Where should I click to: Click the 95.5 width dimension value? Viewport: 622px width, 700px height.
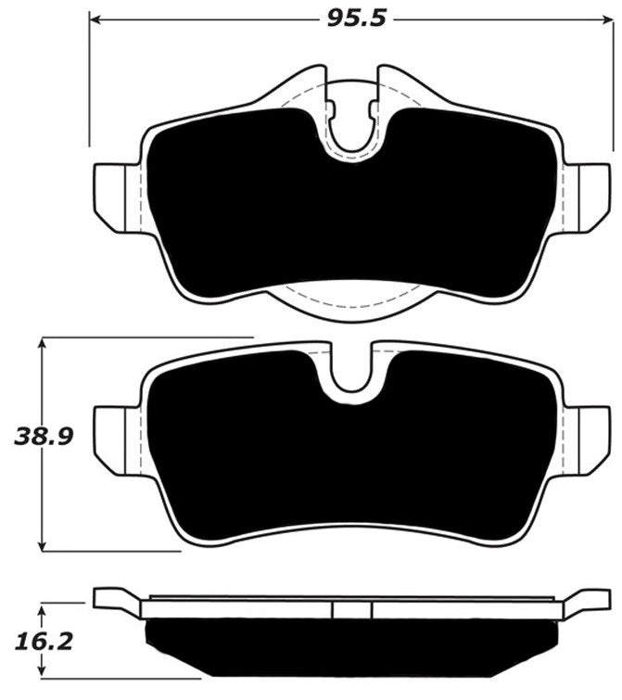356,19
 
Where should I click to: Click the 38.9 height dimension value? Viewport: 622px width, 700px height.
44,436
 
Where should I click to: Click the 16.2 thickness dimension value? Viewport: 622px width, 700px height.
44,642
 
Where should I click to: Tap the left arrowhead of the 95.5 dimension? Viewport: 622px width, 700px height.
95,19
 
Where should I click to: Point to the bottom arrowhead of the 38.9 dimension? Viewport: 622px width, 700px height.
42,544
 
